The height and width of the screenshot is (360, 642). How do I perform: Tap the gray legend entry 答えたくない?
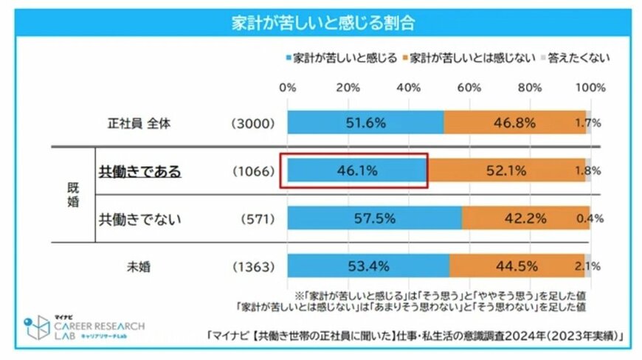click(x=578, y=57)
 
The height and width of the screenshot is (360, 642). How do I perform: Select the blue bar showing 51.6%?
click(x=365, y=123)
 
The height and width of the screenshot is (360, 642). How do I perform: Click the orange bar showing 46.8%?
click(x=514, y=123)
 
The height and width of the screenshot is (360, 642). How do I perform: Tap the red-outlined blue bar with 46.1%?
click(x=356, y=170)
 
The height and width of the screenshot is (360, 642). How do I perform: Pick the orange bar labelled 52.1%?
click(x=505, y=170)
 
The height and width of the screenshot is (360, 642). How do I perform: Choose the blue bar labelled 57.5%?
click(x=374, y=218)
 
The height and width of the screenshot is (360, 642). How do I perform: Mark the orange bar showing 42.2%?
click(x=525, y=218)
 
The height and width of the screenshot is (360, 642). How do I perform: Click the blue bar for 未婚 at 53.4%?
click(x=367, y=266)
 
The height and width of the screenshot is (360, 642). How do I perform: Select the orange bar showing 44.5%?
click(x=517, y=266)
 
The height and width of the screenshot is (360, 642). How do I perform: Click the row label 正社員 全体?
click(x=139, y=123)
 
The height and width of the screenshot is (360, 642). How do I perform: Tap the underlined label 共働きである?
click(x=139, y=171)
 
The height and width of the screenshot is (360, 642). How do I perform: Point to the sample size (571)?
click(x=258, y=219)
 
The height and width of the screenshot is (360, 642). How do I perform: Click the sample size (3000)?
click(x=253, y=123)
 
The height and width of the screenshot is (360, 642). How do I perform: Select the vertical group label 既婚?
click(x=72, y=195)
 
